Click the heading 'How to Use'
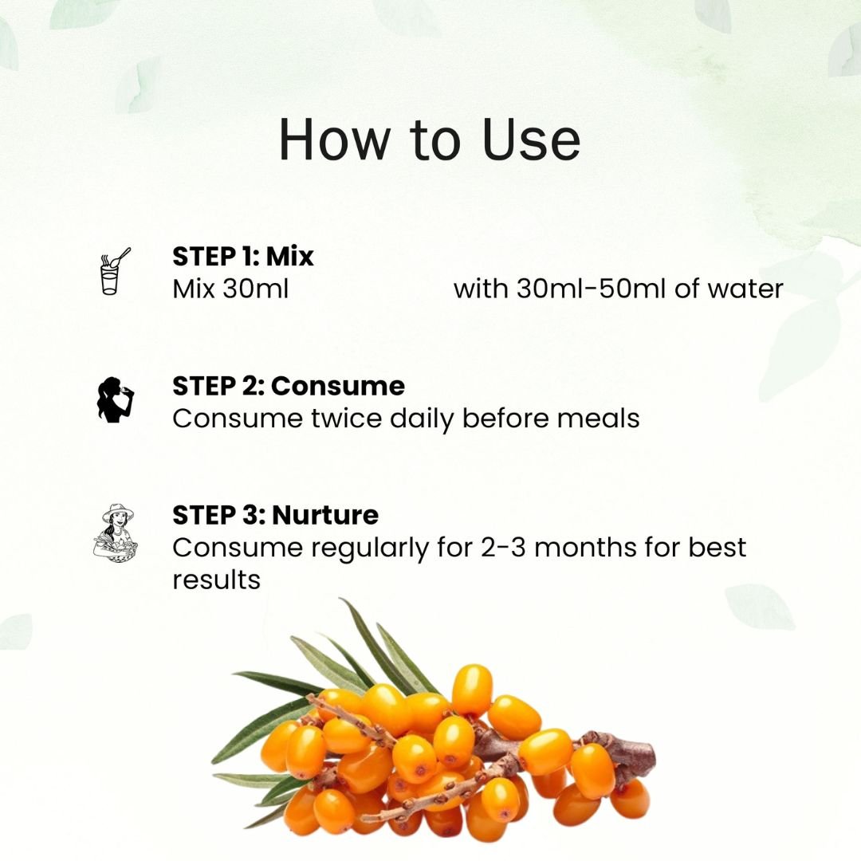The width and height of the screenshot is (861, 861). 430,140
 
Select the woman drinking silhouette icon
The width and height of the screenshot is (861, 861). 115,399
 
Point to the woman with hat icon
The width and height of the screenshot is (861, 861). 116,533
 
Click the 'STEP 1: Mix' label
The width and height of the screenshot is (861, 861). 242,257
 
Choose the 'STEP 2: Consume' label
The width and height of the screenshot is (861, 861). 289,386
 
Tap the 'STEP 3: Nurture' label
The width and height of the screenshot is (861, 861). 275,515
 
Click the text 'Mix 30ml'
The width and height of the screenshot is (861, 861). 230,289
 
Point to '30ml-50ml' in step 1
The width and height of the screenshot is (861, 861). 592,289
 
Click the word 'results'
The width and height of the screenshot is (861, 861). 216,580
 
